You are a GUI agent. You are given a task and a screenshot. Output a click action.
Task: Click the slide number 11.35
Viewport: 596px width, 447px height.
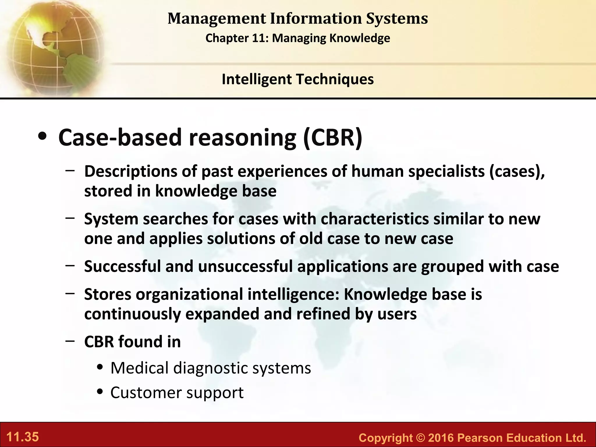[x=22, y=437]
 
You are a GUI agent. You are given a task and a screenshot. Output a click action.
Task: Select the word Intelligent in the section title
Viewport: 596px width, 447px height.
[x=256, y=79]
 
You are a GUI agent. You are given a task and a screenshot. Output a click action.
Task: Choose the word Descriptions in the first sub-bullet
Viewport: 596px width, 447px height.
[x=131, y=171]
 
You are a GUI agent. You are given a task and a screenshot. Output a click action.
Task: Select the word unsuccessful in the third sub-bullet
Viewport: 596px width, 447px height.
[x=245, y=266]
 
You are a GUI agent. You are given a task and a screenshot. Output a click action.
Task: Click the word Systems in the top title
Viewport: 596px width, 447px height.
[x=397, y=18]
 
